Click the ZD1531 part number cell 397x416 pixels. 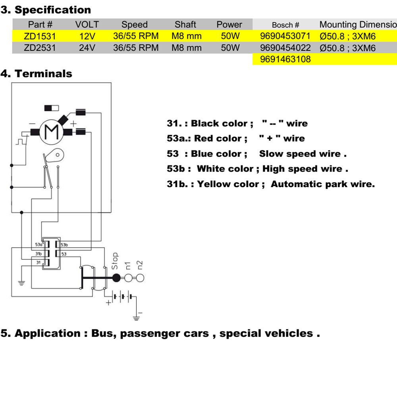pos(40,36)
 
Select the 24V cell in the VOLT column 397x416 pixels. pos(87,48)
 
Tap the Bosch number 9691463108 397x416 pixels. pos(285,59)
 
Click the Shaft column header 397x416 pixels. pos(185,24)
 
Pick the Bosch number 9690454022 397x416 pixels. pos(285,48)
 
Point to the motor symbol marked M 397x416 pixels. pos(52,132)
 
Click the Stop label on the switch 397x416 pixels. pos(115,261)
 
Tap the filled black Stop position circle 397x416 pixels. pos(116,278)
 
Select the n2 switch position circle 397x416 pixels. pos(140,278)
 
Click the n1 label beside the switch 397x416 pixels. pos(128,266)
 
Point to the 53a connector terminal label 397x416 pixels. pos(39,245)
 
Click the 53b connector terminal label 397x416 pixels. pos(64,245)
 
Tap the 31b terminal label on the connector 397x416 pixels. pos(39,253)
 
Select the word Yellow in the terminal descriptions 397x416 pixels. pos(215,184)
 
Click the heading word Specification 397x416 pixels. pos(53,10)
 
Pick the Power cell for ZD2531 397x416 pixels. pos(230,48)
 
